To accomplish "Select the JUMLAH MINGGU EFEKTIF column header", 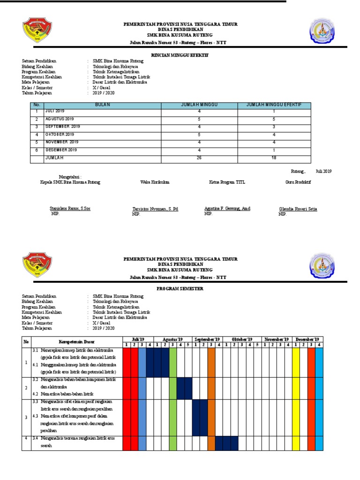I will pos(274,105).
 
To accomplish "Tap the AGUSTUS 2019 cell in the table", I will pos(60,119).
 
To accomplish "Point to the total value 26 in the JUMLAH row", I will pos(199,158).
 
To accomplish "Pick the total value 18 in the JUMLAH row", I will pos(274,158).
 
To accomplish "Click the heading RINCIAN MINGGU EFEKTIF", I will pos(180,55).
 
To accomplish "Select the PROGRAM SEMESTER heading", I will pos(180,289).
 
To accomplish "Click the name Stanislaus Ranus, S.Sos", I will pos(70,209).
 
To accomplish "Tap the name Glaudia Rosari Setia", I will pos(298,209).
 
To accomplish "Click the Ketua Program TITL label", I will pos(227,182).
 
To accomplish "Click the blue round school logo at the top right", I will pos(322,32).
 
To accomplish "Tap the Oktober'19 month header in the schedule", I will pos(241,339).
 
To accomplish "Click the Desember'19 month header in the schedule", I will pos(307,339).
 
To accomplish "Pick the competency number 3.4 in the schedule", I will pos(36,438).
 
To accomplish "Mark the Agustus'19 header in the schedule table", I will pos(172,339).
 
